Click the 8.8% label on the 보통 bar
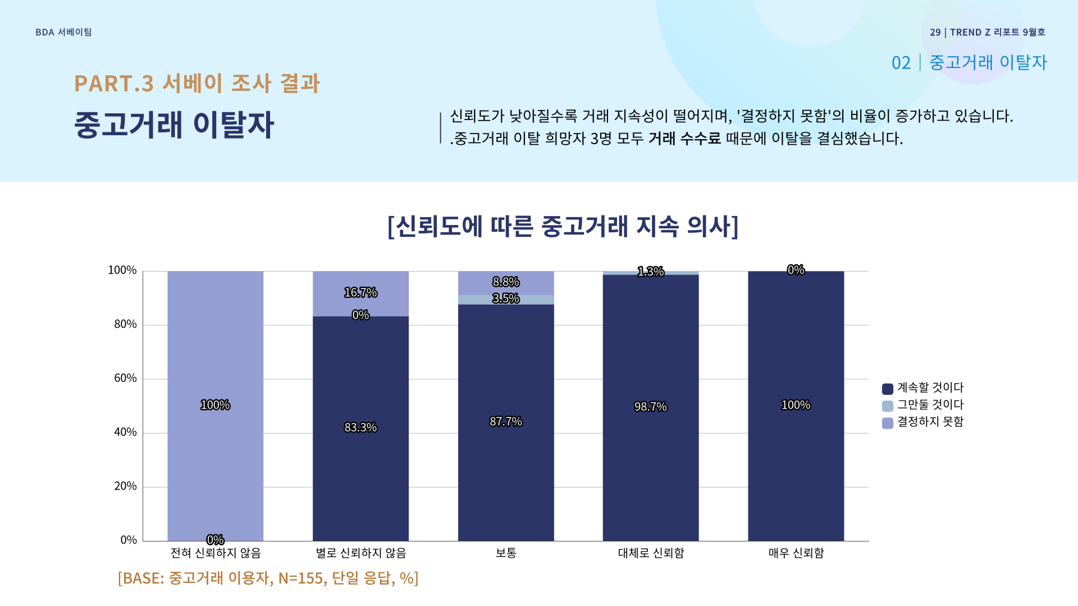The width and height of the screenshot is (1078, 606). click(x=506, y=282)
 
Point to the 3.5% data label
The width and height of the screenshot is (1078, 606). click(x=506, y=299)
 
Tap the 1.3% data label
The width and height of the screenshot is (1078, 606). click(x=651, y=272)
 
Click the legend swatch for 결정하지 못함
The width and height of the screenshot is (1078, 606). click(x=888, y=423)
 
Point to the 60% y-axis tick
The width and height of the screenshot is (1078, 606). click(x=125, y=378)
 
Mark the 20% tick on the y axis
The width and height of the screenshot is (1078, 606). click(x=125, y=486)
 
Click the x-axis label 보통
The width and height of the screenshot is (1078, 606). click(x=506, y=553)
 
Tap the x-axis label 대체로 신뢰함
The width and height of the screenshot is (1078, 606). click(x=651, y=553)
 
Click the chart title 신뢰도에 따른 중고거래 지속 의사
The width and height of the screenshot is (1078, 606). click(x=563, y=226)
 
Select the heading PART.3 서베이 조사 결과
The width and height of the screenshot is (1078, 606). click(x=197, y=84)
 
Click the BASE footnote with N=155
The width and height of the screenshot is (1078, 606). click(x=268, y=578)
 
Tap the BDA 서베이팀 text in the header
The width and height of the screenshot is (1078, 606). click(x=63, y=33)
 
